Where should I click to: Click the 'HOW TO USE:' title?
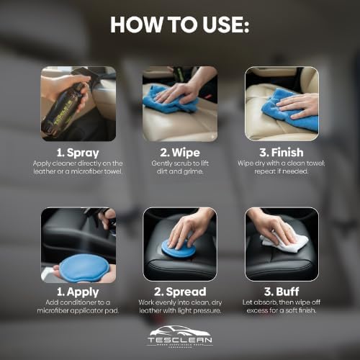[x=179, y=24]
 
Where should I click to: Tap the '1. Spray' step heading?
[x=78, y=153]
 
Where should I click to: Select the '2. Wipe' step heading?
[x=179, y=153]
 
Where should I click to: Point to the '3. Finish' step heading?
[x=282, y=153]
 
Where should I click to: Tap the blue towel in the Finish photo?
[x=292, y=114]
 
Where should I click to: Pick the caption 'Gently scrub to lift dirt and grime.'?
[x=179, y=170]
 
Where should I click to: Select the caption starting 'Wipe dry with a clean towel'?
[x=282, y=170]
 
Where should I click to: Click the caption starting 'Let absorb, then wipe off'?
[x=282, y=310]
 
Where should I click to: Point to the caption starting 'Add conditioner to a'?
[x=78, y=310]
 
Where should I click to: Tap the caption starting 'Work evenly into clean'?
[x=179, y=310]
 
